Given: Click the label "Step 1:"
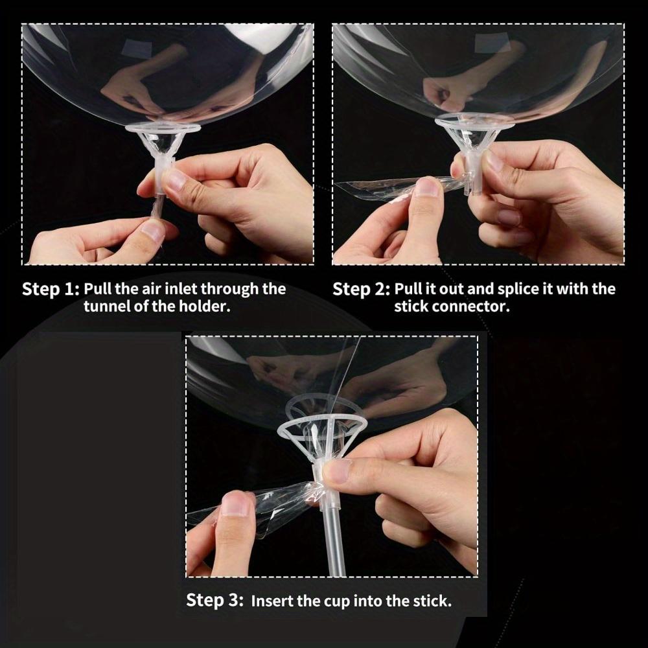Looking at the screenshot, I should pos(51,289).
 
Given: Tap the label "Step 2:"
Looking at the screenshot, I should pos(361,289).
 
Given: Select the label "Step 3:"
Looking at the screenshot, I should pos(215,600).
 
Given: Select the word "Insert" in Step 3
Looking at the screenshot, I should pos(272,601).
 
